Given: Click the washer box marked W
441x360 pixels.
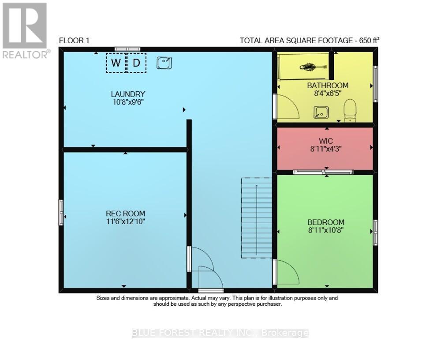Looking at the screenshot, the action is click(116, 63).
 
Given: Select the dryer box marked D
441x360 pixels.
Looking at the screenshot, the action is click(136, 63).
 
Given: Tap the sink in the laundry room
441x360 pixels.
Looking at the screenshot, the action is click(164, 63).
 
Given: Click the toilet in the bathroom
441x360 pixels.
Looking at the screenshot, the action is click(350, 110).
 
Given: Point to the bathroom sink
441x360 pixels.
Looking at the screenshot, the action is click(321, 112).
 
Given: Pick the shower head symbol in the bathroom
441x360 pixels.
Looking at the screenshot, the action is click(313, 67).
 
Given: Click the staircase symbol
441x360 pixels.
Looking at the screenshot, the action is click(257, 218).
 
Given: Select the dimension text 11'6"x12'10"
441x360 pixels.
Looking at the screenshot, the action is click(125, 221).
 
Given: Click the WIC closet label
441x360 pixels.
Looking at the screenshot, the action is click(326, 141).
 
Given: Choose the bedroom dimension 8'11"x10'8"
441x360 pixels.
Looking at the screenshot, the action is click(326, 230).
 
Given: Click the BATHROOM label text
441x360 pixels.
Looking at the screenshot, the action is click(328, 85).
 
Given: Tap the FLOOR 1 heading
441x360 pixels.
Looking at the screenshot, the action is click(74, 41).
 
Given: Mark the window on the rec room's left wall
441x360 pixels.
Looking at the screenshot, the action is click(61, 213).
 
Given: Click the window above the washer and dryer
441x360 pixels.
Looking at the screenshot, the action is click(127, 49).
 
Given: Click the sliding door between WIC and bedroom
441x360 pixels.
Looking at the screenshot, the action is click(323, 172).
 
